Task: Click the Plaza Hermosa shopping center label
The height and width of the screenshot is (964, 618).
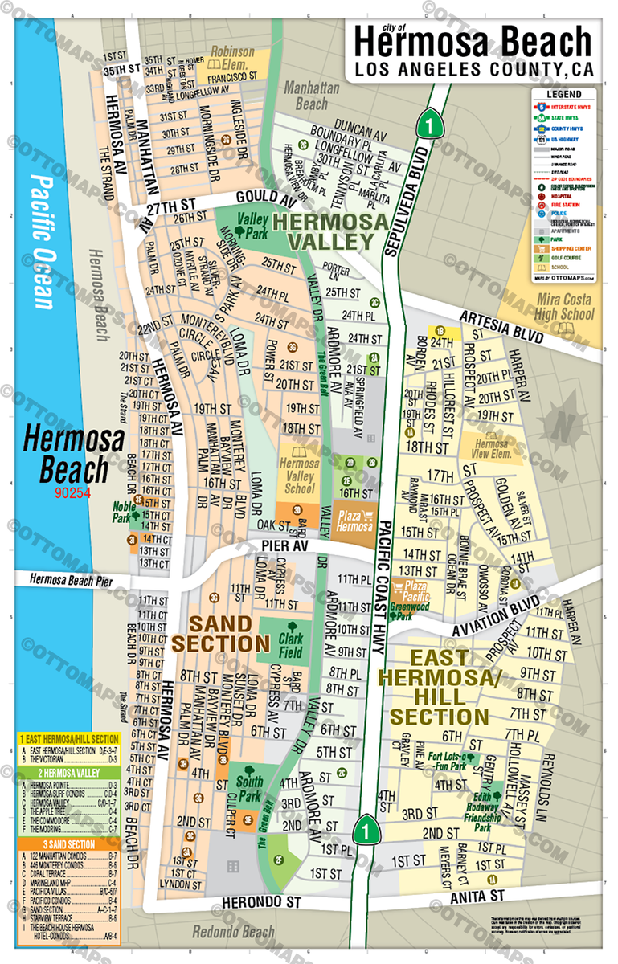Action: click(x=354, y=521)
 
